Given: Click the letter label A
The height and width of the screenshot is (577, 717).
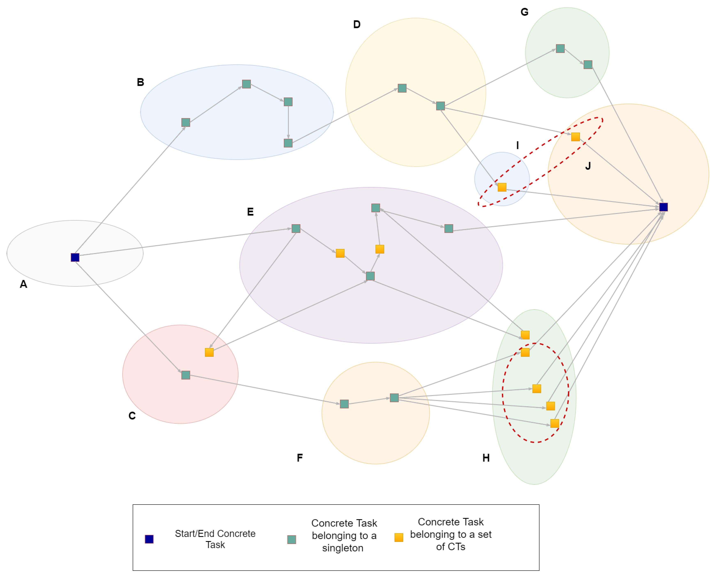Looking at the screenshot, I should [x=23, y=284].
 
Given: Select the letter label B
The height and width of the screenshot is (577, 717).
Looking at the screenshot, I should [x=140, y=82].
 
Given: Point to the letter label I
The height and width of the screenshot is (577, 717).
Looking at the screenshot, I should [x=517, y=145].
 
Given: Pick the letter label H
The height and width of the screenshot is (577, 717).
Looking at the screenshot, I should [x=486, y=458].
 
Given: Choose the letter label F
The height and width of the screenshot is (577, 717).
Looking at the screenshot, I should [x=300, y=458].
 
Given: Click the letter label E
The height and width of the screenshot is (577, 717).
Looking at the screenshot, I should [x=250, y=212].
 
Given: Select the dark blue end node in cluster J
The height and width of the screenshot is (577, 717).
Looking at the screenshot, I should [x=663, y=207].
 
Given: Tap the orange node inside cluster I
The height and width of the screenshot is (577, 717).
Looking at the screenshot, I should [x=502, y=187].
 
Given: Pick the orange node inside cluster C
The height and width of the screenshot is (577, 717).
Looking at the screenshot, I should [x=209, y=352].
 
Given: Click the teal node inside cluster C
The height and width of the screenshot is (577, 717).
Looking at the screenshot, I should [x=186, y=375].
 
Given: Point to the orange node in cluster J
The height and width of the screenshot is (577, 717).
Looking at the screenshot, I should [x=575, y=137].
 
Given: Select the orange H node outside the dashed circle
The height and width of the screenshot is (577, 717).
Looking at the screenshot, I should [x=525, y=335].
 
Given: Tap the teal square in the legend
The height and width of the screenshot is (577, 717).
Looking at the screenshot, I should [x=292, y=539].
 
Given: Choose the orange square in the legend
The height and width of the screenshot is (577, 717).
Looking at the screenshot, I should [x=399, y=537].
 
